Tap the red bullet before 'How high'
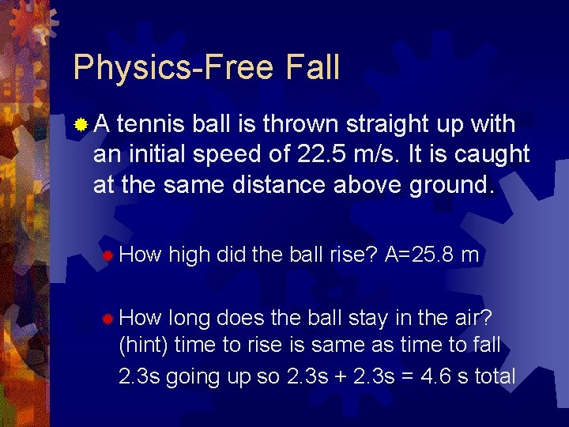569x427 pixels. (107, 255)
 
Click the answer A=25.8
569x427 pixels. (418, 254)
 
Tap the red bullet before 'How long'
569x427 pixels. (107, 318)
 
